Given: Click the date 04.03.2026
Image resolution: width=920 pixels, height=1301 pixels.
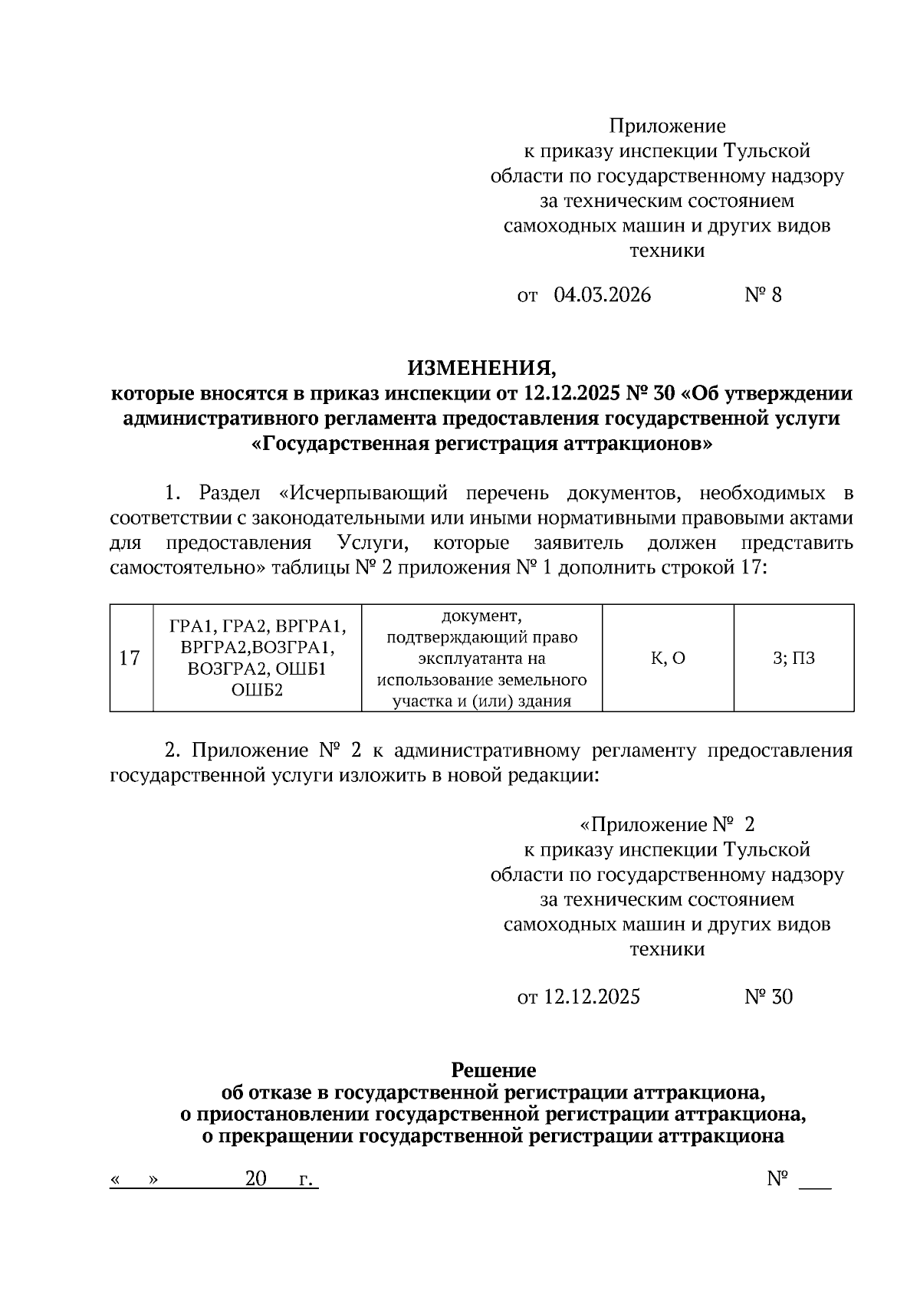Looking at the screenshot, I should [602, 295].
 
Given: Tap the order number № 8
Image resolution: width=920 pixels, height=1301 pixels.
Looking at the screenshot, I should [763, 295].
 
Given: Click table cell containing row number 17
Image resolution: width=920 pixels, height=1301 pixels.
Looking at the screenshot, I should [130, 658].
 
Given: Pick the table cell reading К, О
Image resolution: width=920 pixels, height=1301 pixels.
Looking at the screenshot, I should [668, 658].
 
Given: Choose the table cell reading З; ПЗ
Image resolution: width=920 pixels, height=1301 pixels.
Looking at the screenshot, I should [793, 658].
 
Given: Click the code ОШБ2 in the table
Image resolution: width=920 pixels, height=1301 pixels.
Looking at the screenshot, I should [257, 690].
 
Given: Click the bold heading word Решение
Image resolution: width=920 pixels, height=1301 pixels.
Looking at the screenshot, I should [493, 1069].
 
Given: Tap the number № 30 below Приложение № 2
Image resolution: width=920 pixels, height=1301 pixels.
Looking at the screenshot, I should [768, 997].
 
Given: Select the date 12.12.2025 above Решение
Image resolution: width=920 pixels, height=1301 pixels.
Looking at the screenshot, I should [591, 997].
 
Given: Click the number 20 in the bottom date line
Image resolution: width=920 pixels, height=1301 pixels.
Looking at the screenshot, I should [255, 1178].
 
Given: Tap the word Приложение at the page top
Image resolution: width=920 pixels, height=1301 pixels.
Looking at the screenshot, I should [667, 125].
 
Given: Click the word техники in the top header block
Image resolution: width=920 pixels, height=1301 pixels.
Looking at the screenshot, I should [667, 251].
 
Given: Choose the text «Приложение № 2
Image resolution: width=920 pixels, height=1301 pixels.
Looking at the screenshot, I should [667, 825].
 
